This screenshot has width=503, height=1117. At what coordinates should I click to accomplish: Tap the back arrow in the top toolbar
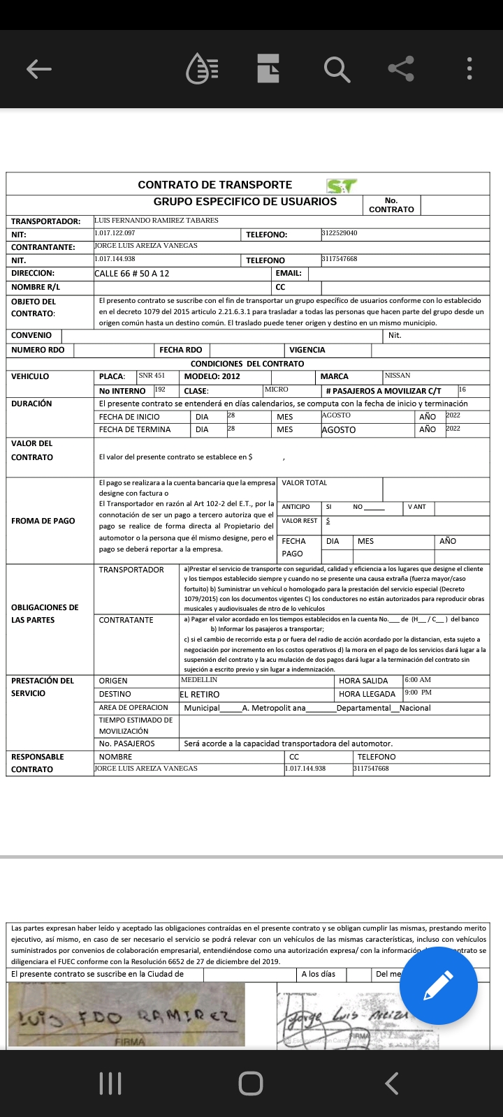(x=39, y=68)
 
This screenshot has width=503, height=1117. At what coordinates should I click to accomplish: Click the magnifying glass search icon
(x=336, y=69)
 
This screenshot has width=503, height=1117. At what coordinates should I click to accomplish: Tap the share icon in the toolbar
(x=401, y=68)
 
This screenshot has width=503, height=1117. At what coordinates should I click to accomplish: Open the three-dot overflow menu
(x=470, y=68)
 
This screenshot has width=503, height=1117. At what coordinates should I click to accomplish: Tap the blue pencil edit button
(x=438, y=986)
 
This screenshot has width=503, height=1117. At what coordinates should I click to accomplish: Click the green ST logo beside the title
(x=342, y=186)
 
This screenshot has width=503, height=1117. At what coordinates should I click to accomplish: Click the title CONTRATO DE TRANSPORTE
(x=214, y=185)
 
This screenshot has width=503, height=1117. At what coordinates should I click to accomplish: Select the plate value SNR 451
(x=152, y=376)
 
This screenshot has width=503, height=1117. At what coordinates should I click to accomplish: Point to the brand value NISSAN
(x=398, y=376)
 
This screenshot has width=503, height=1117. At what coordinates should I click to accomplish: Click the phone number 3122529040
(x=340, y=233)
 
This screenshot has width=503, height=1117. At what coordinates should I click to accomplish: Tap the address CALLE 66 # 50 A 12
(x=131, y=274)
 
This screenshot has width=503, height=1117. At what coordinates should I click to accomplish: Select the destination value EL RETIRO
(x=200, y=695)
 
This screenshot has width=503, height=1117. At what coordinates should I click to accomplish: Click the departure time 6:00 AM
(x=418, y=680)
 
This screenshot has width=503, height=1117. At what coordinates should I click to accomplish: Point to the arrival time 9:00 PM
(x=418, y=693)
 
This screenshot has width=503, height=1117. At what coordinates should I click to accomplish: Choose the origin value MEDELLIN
(x=199, y=680)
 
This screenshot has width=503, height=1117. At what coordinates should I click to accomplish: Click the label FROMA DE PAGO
(x=43, y=521)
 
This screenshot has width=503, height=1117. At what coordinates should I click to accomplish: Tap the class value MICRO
(x=276, y=390)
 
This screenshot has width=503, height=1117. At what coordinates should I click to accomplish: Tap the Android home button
(x=251, y=1083)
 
